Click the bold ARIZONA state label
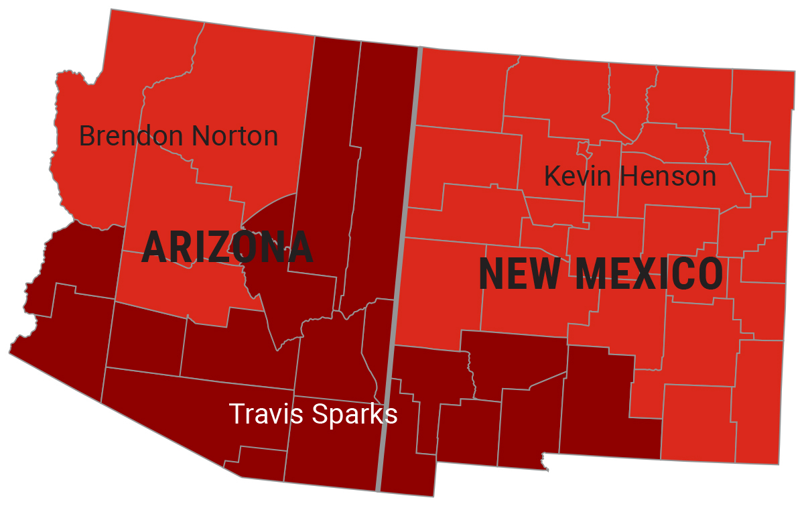tap(227, 247)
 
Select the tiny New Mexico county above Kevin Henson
tap(582, 148)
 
